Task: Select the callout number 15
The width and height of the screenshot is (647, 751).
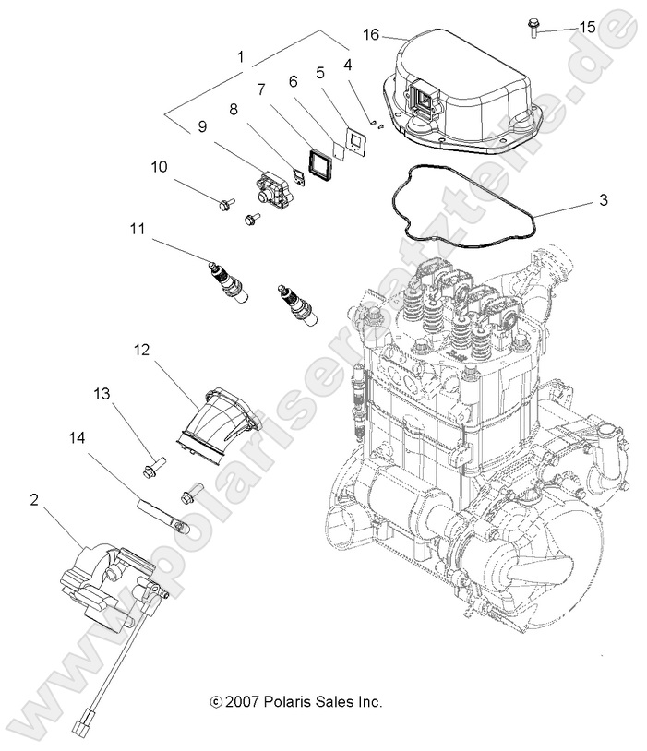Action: [587, 28]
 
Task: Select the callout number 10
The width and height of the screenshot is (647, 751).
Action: [160, 166]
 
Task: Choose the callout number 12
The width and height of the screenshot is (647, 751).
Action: [141, 351]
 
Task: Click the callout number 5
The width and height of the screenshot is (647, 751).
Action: [320, 71]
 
